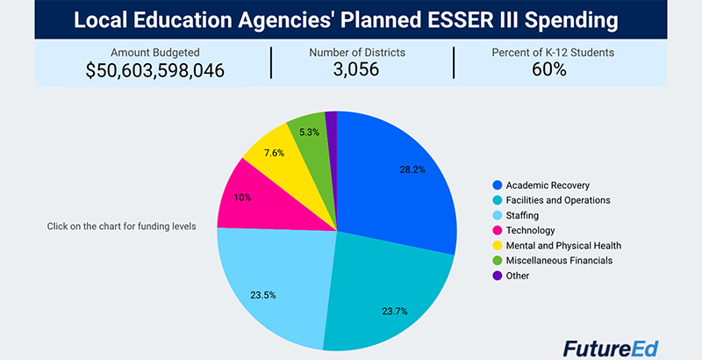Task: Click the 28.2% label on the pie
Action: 412,169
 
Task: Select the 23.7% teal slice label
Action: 394,311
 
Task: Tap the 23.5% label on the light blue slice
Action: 262,296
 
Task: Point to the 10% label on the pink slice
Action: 242,198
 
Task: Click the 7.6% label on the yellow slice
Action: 274,153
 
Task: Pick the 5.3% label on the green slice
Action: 310,132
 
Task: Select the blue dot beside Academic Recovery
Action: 497,185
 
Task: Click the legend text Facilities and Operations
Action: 558,200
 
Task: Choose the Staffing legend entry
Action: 522,215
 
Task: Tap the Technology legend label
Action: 530,231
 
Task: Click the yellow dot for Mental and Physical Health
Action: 497,245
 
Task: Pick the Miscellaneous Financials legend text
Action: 559,260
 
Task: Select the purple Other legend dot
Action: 497,276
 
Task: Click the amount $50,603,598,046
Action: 155,70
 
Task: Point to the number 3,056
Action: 356,69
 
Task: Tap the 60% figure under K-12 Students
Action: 549,69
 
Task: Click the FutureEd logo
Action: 611,349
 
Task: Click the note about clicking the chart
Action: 122,227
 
